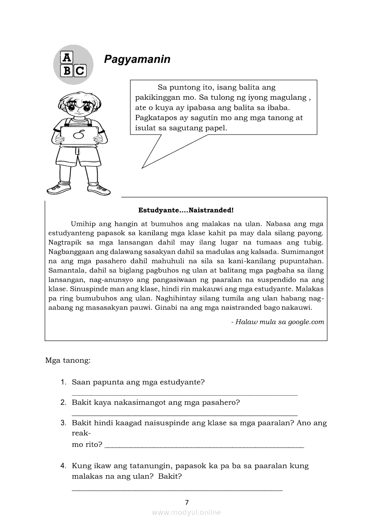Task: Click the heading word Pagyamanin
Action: coord(137,59)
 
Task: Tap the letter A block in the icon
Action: coord(66,57)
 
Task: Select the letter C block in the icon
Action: coord(79,70)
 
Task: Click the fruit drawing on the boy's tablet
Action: coord(79,134)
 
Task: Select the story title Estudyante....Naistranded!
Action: coord(186,210)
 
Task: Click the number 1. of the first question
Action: coord(64,382)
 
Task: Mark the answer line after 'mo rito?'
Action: coord(204,447)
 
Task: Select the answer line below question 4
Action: coord(177,490)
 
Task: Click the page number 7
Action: coord(186,502)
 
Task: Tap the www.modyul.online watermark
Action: coord(186,512)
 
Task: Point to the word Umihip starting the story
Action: coord(83,223)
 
